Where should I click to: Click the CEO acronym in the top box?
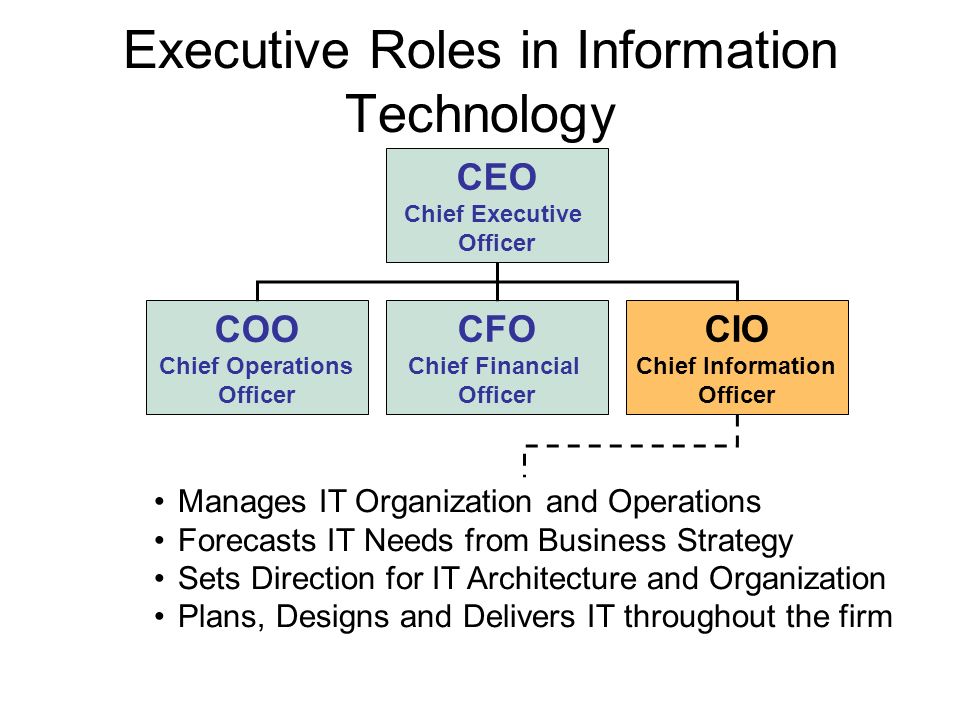[497, 178]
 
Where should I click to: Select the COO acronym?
[257, 329]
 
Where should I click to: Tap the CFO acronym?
[497, 329]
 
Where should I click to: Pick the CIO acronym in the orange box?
[737, 329]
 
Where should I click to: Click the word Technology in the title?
[481, 116]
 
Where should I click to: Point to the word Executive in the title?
[236, 50]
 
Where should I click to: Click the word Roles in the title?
[435, 50]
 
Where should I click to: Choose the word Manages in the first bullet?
[242, 503]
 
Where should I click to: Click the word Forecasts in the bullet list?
[247, 541]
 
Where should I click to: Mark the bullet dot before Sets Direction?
[160, 579]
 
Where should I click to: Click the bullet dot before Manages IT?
[160, 503]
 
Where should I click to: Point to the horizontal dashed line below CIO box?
[631, 446]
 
